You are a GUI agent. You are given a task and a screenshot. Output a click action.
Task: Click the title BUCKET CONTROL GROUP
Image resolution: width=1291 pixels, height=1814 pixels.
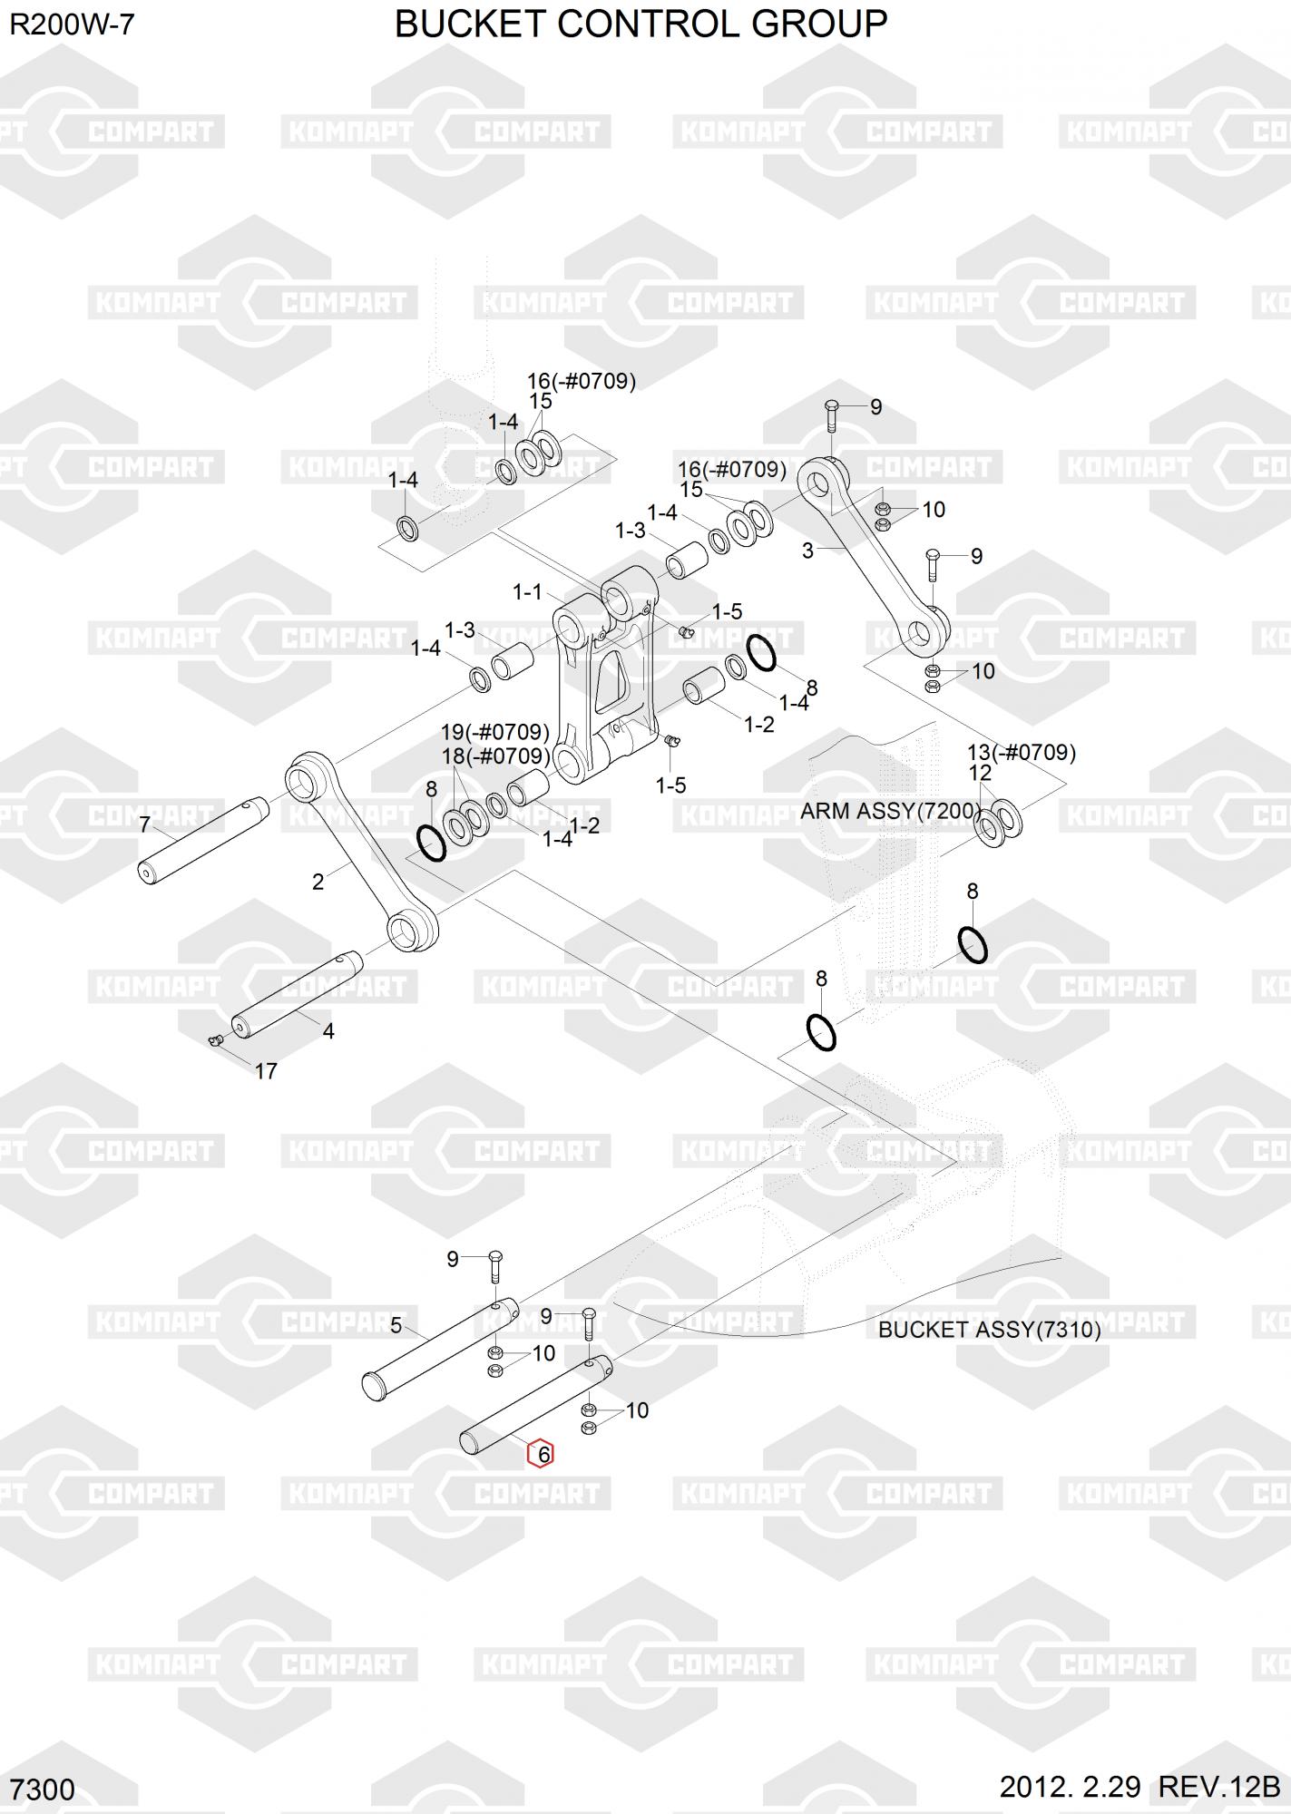pos(641,24)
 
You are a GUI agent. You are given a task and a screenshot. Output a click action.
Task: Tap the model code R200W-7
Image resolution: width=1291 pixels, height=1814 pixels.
pos(72,24)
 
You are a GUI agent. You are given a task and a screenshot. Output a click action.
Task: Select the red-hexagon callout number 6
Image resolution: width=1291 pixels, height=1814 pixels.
pos(542,1454)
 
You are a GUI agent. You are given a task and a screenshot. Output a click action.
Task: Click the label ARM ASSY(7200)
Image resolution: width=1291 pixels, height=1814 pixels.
pos(891,811)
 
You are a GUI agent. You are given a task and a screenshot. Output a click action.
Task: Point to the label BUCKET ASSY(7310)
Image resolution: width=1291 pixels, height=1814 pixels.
pos(989,1330)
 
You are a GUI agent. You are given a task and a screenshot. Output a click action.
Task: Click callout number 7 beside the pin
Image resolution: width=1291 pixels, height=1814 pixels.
pos(144,824)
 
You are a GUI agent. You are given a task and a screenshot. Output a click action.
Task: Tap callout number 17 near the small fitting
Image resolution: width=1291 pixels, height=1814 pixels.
pos(265,1071)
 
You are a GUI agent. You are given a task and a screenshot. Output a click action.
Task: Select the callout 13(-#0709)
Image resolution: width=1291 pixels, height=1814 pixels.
pos(1021,752)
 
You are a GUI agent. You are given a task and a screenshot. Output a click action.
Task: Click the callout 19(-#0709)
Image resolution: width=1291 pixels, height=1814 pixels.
pos(494,732)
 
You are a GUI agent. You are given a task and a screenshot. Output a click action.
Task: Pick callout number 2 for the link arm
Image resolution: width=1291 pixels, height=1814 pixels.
pos(318,882)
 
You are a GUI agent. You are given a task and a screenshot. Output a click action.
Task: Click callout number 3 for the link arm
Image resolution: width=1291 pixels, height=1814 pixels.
pos(807,550)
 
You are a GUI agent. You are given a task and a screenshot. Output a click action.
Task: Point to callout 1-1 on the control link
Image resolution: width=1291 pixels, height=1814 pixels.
pos(527,592)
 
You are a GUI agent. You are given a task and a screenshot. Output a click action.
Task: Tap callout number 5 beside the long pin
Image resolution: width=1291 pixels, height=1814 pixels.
pos(396,1326)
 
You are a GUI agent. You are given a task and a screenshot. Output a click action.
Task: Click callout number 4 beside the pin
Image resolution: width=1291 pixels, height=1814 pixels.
pos(328,1031)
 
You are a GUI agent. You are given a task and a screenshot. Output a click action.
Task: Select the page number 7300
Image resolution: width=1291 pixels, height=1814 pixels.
pos(44,1790)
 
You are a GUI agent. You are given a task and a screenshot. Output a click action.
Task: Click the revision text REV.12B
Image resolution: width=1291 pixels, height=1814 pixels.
pos(1218,1787)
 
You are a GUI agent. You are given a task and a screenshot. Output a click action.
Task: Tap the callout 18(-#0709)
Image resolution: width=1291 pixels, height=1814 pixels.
pos(494,756)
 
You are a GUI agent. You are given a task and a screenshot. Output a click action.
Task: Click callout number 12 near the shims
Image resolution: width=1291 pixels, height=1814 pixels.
pos(980,773)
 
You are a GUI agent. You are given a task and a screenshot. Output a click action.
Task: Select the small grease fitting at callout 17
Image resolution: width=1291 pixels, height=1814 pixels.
pos(216,1040)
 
